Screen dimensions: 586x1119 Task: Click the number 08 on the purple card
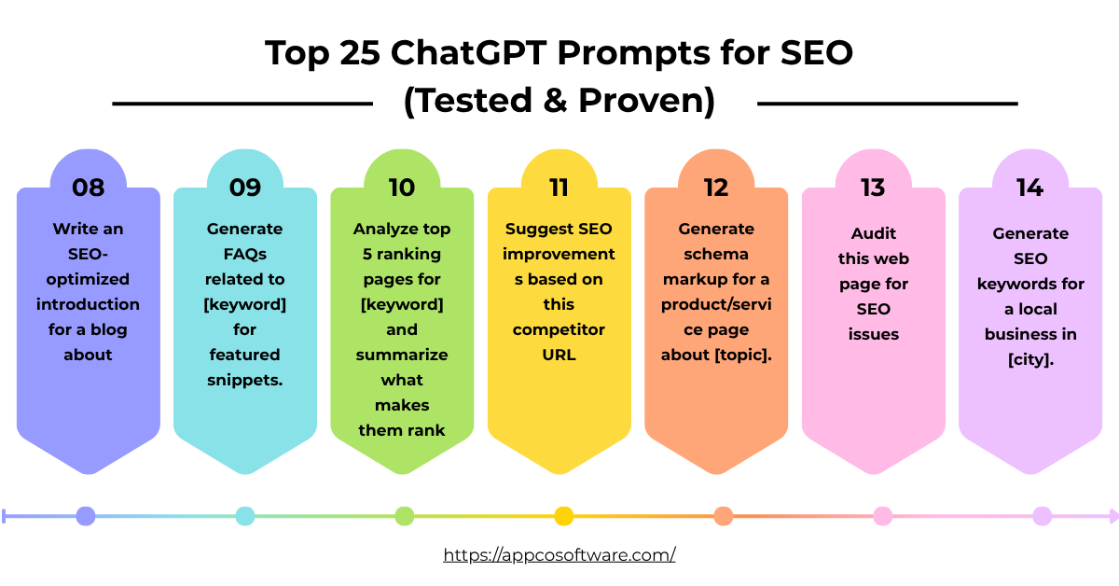click(x=89, y=188)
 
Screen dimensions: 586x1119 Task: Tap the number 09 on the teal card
click(x=245, y=188)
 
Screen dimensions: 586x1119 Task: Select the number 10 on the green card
click(x=402, y=188)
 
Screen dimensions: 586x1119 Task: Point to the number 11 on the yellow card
click(x=559, y=188)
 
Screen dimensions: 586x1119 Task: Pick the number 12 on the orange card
click(x=716, y=188)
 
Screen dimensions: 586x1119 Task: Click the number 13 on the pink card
click(x=873, y=188)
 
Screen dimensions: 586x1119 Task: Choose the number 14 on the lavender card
click(x=1029, y=188)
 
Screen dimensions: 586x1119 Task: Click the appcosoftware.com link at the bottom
click(x=559, y=554)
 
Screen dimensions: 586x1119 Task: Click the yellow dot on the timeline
click(x=563, y=516)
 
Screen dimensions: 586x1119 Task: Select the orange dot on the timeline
click(x=723, y=516)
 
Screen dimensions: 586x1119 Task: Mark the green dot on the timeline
click(x=404, y=516)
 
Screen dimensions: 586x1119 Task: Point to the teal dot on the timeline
click(x=245, y=516)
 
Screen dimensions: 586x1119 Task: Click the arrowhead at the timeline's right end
click(x=1112, y=516)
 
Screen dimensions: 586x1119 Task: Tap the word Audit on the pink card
click(x=873, y=233)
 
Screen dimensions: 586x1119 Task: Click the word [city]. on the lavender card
click(x=1030, y=359)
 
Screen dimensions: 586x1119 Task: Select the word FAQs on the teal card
click(x=245, y=254)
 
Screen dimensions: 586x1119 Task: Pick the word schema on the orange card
click(x=716, y=254)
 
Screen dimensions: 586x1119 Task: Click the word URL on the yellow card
click(x=559, y=355)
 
